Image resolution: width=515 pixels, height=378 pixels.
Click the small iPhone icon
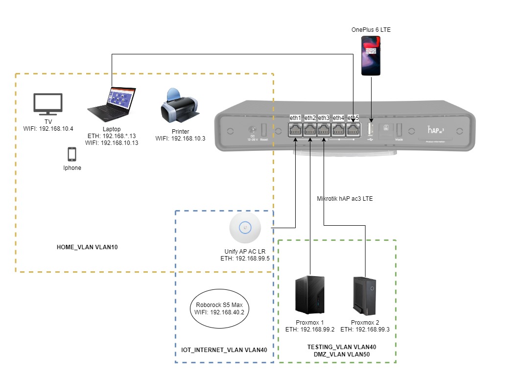tap(71, 154)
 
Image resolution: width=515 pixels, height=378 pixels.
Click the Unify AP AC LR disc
tap(245, 228)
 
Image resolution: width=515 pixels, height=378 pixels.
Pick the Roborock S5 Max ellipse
tap(220, 308)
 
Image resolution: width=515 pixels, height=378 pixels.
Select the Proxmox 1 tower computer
tap(309, 296)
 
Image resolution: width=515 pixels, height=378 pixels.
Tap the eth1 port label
tap(296, 118)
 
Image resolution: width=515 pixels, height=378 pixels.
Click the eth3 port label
tap(324, 118)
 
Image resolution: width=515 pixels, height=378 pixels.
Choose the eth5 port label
tap(353, 118)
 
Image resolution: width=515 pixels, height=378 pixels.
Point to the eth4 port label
tap(338, 118)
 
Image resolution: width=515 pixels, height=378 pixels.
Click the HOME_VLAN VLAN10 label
tap(87, 248)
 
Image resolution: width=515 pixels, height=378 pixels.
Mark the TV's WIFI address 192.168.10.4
tap(47, 129)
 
